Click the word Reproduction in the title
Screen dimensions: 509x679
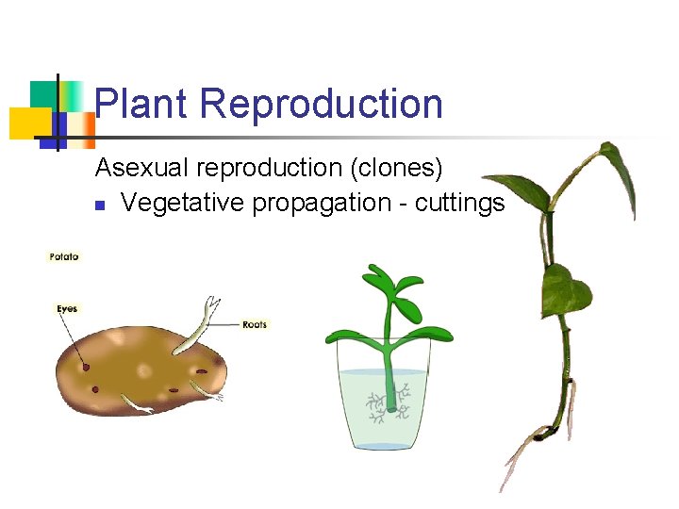tap(322, 104)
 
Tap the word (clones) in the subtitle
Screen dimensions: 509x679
tap(396, 168)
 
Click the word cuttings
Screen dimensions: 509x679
tap(460, 203)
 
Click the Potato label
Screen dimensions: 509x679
tap(65, 256)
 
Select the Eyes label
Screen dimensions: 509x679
tap(67, 309)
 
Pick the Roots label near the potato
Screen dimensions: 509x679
tap(255, 325)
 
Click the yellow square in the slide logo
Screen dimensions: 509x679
tap(28, 123)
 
